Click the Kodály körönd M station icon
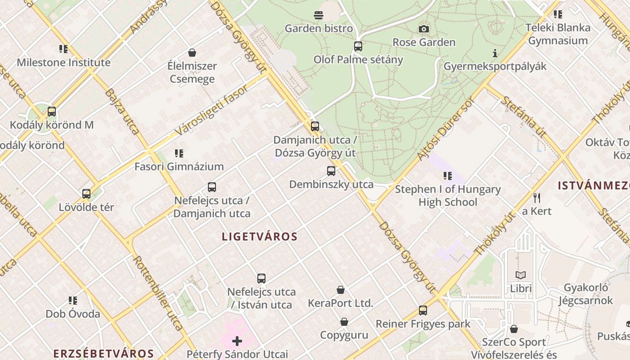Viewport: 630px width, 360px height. tap(52, 111)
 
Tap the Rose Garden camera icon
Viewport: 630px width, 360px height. tap(423, 29)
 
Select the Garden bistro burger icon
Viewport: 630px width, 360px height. tap(319, 15)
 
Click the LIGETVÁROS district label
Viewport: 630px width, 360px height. tap(260, 237)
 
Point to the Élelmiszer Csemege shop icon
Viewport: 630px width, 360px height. tap(192, 53)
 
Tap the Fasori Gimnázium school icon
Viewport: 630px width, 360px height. tap(179, 153)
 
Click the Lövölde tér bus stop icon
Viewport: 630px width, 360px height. tap(86, 194)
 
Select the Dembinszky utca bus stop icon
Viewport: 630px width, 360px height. tap(331, 171)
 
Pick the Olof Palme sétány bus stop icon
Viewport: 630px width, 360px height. tap(358, 46)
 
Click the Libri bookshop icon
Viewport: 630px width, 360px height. tap(521, 275)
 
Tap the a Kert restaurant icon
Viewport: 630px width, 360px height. tap(537, 198)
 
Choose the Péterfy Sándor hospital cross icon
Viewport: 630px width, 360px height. tap(237, 341)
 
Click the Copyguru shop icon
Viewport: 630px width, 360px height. tap(344, 322)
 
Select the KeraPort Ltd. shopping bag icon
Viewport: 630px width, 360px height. tap(341, 290)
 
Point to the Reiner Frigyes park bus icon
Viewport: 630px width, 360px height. tap(423, 310)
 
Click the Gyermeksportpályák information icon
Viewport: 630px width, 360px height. tap(495, 53)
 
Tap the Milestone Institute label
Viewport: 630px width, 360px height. tap(63, 63)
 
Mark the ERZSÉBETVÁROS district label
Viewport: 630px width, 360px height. tap(103, 354)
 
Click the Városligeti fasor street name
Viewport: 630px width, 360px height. tap(211, 110)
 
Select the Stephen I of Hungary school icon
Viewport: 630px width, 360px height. tap(447, 175)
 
